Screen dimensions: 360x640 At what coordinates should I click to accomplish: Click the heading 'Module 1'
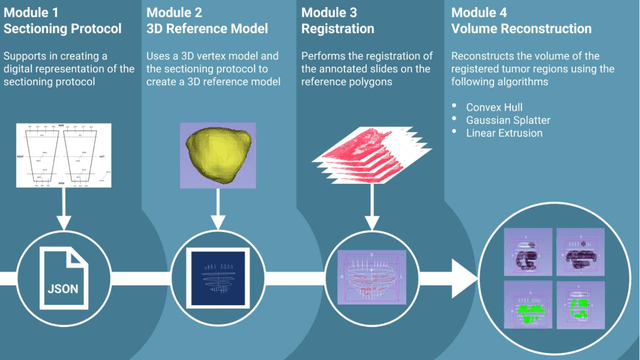click(x=36, y=13)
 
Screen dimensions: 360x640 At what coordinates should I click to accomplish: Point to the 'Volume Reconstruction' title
click(x=517, y=29)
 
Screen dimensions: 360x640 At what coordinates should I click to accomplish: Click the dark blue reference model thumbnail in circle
click(x=215, y=272)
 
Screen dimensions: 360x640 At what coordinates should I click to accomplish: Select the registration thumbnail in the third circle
click(x=370, y=272)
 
